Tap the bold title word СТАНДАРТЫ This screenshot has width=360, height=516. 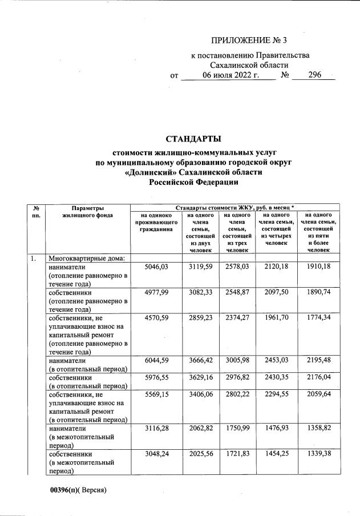point(193,139)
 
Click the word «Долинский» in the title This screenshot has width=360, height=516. point(150,172)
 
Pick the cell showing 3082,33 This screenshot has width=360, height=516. point(200,292)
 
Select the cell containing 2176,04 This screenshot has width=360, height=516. point(315,378)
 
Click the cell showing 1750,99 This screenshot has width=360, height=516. point(236,428)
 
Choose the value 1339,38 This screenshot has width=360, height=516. point(315,454)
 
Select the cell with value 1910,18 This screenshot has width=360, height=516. point(315,267)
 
